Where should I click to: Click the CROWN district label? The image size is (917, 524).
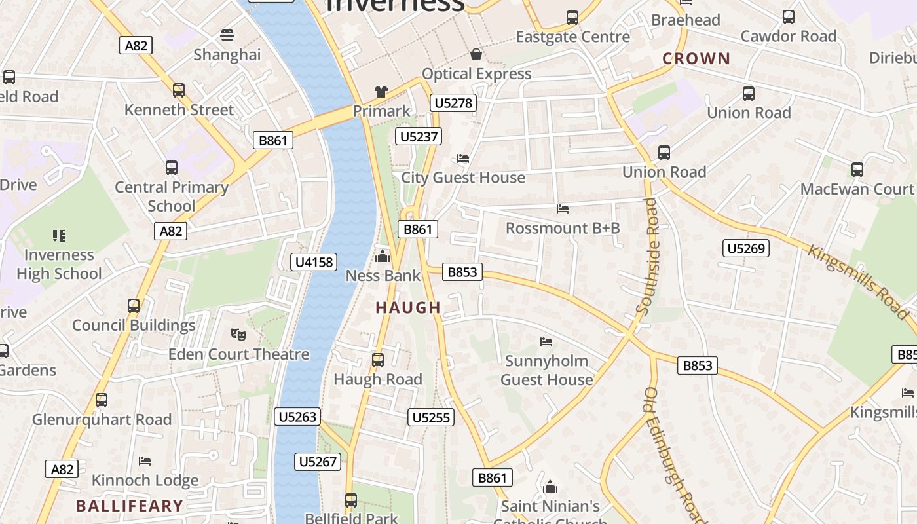(x=696, y=59)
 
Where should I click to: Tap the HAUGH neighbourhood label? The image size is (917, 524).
(x=408, y=308)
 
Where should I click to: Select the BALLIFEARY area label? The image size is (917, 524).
(x=129, y=506)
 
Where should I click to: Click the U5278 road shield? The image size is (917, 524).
(x=453, y=103)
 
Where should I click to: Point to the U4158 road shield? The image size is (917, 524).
(x=314, y=262)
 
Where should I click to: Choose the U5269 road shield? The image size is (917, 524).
(x=746, y=248)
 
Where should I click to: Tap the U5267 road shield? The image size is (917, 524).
(x=318, y=462)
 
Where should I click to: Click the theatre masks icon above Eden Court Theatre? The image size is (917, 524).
(x=238, y=335)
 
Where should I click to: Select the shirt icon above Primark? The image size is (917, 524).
(x=381, y=92)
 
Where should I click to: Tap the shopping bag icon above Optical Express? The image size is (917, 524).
(x=476, y=54)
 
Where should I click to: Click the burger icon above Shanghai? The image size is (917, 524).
(x=227, y=35)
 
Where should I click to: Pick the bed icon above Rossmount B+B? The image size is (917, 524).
(x=562, y=209)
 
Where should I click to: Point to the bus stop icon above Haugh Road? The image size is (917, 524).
(x=377, y=360)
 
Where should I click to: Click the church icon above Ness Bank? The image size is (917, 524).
(x=383, y=256)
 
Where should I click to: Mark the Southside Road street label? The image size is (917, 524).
(x=648, y=257)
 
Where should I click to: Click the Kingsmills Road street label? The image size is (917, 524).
(x=858, y=282)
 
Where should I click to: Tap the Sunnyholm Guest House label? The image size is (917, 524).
(x=546, y=370)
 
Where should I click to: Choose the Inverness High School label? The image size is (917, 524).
(x=59, y=264)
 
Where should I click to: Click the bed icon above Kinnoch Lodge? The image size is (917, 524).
(x=145, y=461)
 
